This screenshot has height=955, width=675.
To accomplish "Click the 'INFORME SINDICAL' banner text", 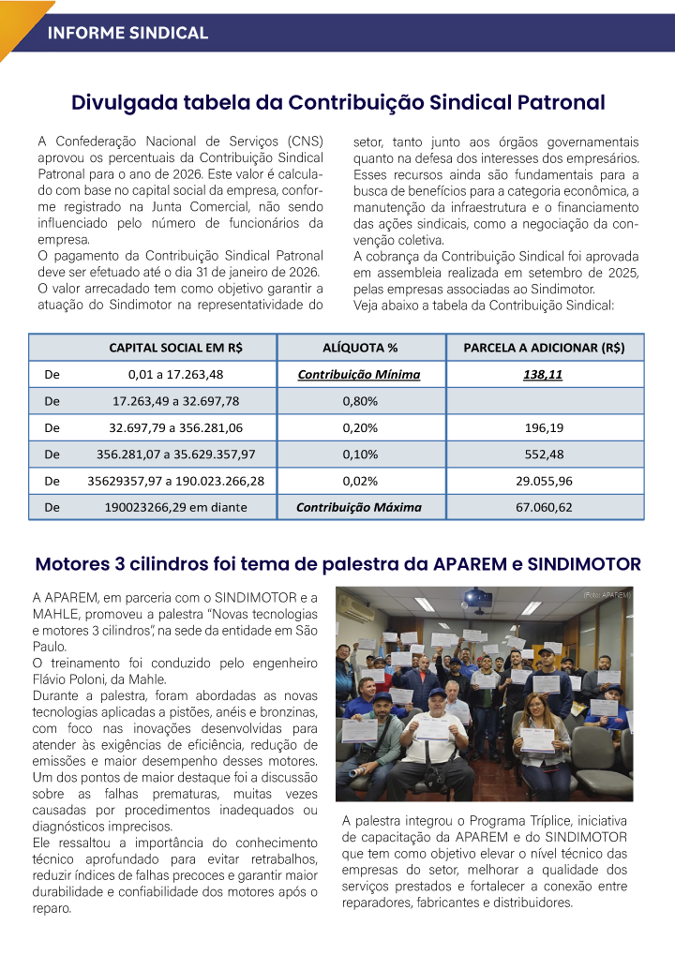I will pos(127,33).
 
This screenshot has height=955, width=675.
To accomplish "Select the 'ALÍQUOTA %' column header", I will pos(360,348).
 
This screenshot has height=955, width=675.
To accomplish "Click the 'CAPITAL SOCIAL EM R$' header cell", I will pos(175,348).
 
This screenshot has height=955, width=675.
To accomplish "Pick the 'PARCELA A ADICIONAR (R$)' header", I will pos(544,348).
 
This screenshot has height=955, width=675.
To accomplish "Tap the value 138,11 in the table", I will pos(544,375).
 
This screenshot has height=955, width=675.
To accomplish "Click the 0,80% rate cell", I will pos(360,401).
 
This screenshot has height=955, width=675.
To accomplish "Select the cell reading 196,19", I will pos(544,428).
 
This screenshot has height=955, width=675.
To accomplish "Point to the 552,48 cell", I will pos(544,455).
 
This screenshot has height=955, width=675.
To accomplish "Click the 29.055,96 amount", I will pos(544,481).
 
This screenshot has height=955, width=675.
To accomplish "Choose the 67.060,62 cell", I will pos(544,507).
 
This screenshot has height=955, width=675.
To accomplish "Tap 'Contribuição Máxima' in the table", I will pos(359,507).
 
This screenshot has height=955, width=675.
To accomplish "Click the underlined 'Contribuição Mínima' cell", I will pos(359,375).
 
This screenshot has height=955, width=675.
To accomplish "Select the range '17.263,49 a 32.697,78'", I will pos(176,401).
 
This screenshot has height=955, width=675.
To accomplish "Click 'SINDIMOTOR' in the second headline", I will pos(584,564).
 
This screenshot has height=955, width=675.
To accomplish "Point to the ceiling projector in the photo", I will pos(478,597).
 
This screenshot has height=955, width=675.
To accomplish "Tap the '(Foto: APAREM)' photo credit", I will pos(607,595).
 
